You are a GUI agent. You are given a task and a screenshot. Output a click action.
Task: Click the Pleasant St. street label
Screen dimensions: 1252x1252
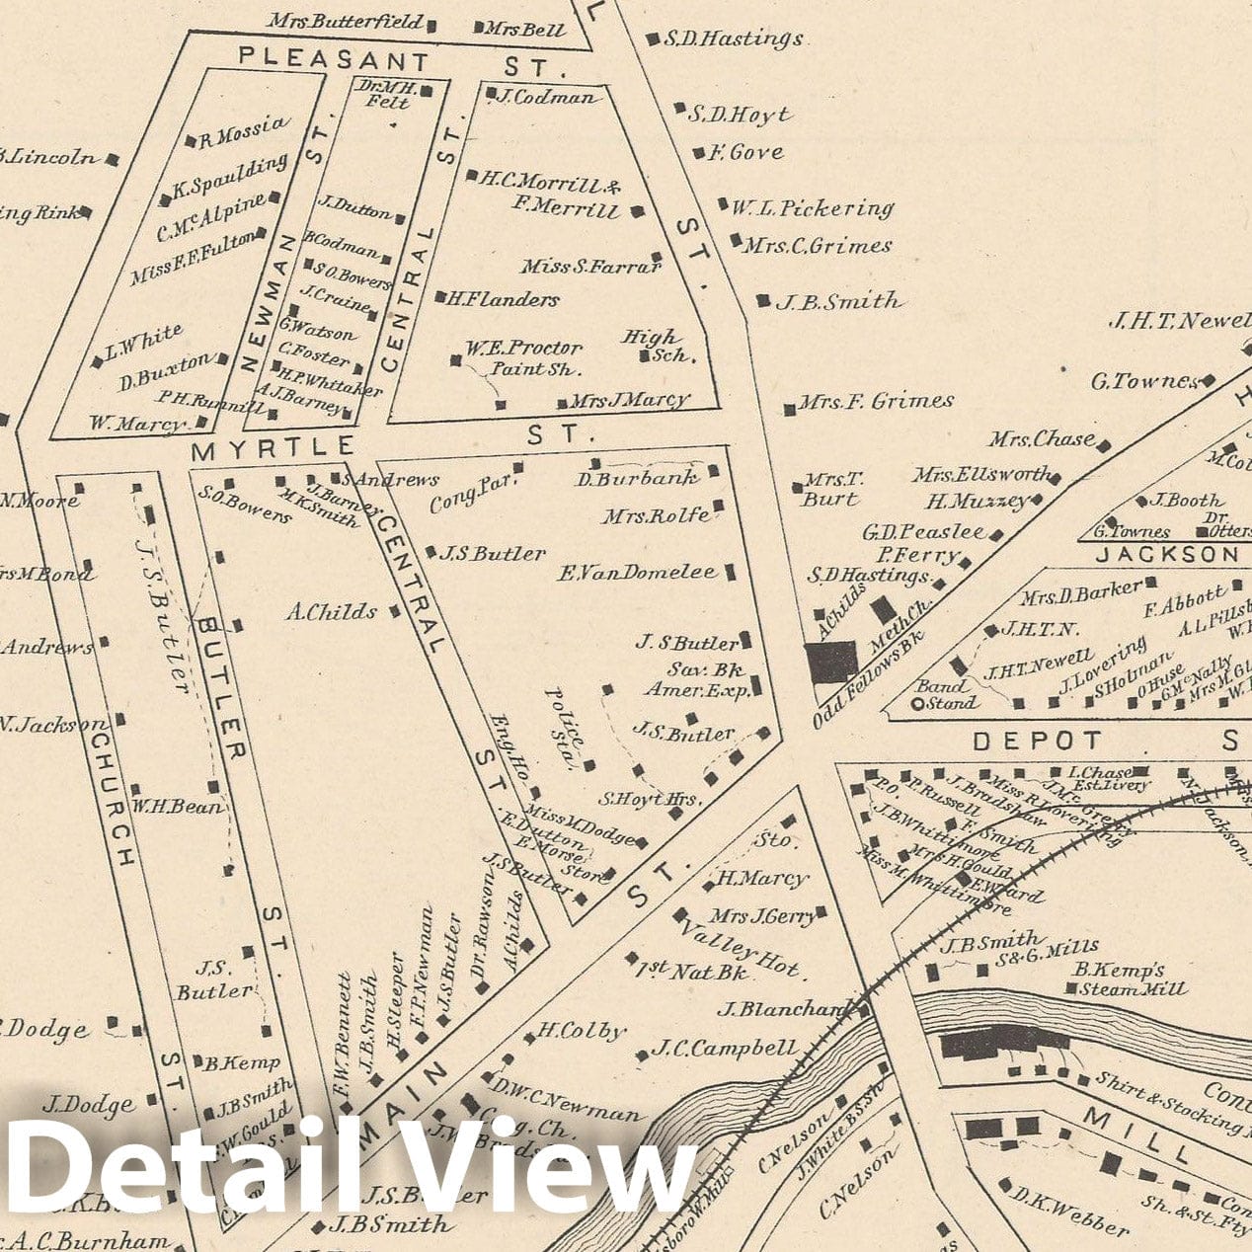pos(400,62)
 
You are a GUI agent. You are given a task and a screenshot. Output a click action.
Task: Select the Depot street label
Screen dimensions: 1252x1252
pos(1038,741)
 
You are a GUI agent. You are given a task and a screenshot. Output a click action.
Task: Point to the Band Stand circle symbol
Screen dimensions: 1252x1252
pos(917,704)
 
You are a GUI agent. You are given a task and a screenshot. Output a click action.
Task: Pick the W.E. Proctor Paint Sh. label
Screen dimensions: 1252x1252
pos(524,358)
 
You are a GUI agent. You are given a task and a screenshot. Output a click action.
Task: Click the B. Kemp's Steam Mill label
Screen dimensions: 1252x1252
pos(1131,978)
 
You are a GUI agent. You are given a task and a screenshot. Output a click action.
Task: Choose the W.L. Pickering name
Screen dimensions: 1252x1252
pos(812,209)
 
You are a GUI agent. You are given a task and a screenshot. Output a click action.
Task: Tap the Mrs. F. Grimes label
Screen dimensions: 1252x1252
pos(875,402)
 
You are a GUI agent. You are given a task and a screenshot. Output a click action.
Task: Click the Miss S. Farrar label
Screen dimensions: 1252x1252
pos(589,266)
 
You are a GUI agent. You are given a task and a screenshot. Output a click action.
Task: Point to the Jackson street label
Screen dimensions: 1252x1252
pos(1165,555)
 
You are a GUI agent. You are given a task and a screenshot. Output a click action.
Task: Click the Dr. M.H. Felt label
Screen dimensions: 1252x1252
pos(388,94)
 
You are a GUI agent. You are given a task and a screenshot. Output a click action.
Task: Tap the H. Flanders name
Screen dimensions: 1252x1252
pos(504,298)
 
